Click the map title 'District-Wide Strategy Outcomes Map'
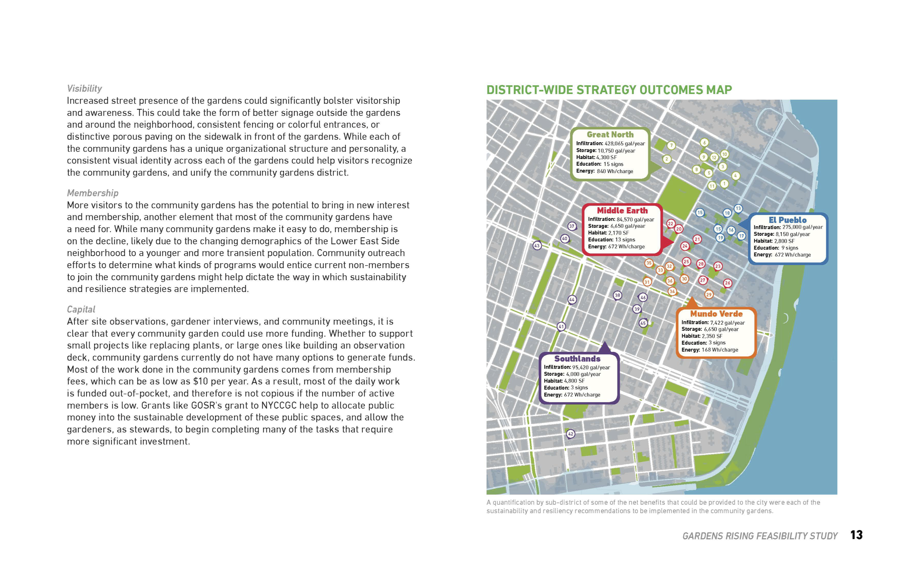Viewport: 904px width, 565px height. coord(609,90)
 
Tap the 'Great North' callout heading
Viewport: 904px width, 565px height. coord(610,134)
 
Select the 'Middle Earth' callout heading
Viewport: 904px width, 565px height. coord(622,210)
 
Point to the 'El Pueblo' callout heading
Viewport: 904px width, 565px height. coord(787,220)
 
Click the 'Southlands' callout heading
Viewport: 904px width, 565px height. coord(577,359)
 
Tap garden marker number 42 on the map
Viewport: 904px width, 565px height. coord(570,434)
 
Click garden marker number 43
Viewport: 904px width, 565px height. coord(537,246)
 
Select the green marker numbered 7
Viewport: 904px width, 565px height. coord(671,145)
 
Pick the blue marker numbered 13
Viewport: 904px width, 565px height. coord(738,209)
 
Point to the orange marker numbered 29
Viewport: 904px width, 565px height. coord(709,294)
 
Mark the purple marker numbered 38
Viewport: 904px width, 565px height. coord(617,296)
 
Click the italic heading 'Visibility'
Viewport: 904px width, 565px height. coord(84,89)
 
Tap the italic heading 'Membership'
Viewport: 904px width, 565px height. coord(93,193)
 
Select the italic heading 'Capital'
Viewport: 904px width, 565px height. coord(81,309)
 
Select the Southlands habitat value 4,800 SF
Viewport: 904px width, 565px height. coord(574,381)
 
